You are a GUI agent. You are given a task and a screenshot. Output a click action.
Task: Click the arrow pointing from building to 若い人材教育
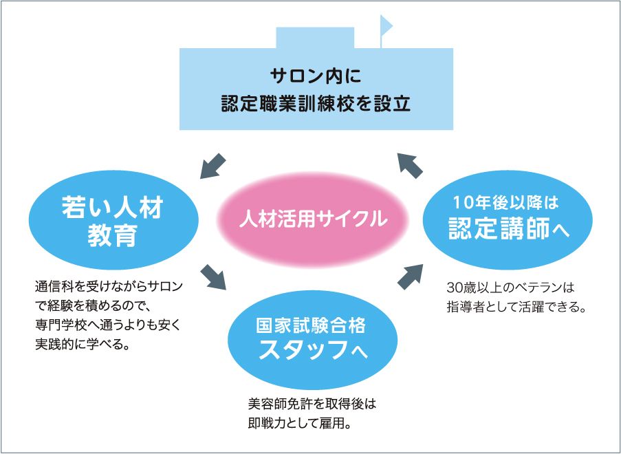pos(213,165)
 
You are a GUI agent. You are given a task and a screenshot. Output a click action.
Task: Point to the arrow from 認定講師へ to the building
pos(411,165)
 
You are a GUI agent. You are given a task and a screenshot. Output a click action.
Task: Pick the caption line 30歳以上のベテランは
pos(509,286)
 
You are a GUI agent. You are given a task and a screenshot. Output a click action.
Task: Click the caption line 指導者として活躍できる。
pos(515,305)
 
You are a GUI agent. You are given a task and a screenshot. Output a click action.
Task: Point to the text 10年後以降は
pos(506,203)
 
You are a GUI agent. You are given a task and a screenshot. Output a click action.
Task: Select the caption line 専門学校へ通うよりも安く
pos(107,324)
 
